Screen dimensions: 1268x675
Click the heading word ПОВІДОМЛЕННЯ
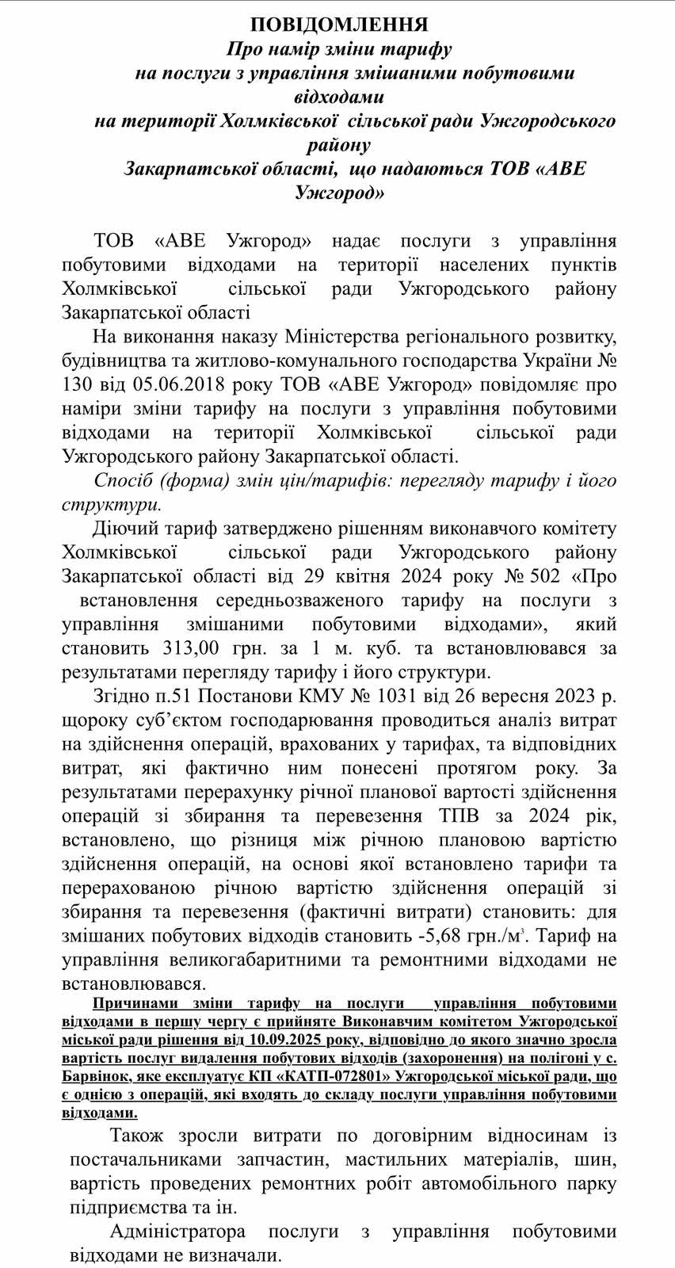pyautogui.click(x=339, y=25)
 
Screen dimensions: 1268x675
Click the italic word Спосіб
pyautogui.click(x=123, y=481)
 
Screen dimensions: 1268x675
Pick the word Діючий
pyautogui.click(x=125, y=529)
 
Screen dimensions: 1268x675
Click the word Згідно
pyautogui.click(x=124, y=697)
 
